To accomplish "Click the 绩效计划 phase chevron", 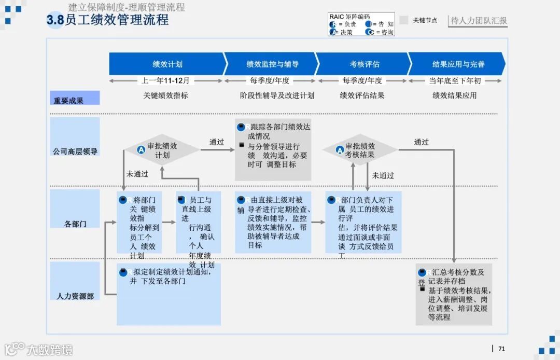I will pos(167,64).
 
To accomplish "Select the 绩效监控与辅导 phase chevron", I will pos(272,64).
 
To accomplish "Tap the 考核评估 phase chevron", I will pos(364,64).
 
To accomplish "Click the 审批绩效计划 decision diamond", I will pos(162,150).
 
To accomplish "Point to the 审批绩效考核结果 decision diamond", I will pos(360,150).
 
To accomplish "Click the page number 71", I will pos(501,349).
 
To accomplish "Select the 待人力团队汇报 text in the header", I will pos(479,21).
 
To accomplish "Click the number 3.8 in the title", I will pos(55,20).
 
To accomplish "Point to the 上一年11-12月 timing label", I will pos(165,81).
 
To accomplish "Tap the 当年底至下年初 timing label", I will pos(455,81).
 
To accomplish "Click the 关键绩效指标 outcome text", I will pos(165,95).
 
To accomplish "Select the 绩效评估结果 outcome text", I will pos(362,95).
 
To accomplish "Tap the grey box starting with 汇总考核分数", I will pos(454,294).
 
